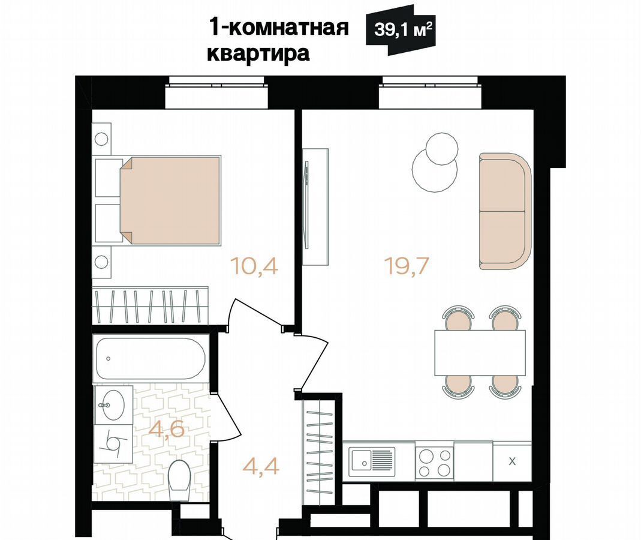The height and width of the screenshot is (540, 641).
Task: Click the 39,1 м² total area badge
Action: [x=400, y=30]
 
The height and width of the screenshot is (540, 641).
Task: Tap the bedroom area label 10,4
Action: [x=254, y=265]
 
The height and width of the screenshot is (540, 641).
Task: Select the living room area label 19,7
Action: [x=407, y=265]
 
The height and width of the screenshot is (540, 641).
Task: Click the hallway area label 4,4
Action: [x=261, y=466]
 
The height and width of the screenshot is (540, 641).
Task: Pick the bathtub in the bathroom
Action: [x=151, y=359]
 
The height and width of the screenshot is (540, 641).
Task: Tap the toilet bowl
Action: [x=179, y=480]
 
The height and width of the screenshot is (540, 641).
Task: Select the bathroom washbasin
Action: [x=113, y=405]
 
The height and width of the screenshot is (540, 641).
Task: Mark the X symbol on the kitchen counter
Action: [x=512, y=461]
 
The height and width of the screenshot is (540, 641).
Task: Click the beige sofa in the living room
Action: [x=505, y=211]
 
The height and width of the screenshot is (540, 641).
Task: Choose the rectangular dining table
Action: [x=480, y=353]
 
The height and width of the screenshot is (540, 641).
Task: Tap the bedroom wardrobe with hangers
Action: [x=151, y=306]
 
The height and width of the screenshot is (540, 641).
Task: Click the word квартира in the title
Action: [x=258, y=55]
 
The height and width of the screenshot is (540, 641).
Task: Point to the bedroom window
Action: [x=216, y=92]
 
